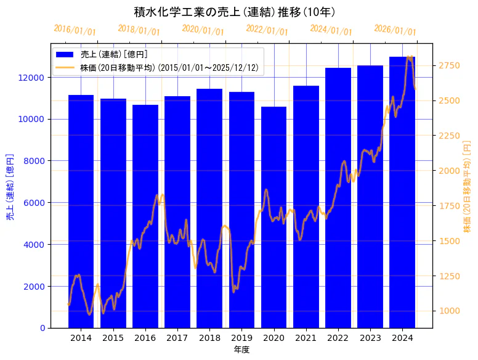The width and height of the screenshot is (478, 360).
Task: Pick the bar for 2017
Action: tap(177, 212)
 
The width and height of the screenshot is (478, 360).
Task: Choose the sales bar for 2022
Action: tap(338, 198)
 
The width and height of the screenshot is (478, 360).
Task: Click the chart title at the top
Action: tap(235, 12)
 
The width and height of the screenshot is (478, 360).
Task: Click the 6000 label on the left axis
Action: tap(34, 203)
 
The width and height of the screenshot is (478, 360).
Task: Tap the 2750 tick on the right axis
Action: tap(448, 65)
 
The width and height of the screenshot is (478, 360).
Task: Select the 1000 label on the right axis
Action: tap(448, 311)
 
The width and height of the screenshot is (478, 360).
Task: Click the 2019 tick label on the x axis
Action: tap(241, 338)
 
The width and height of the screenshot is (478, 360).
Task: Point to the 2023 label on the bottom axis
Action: tap(370, 338)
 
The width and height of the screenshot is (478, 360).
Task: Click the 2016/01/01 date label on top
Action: tap(75, 30)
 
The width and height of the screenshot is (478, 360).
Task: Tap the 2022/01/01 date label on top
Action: tap(267, 30)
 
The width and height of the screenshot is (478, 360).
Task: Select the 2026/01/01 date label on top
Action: tap(395, 30)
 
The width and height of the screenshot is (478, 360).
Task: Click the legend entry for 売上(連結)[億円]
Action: tap(114, 55)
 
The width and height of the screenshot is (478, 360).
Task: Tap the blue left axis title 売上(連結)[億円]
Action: tap(10, 186)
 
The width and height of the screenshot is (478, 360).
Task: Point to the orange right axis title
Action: tap(467, 186)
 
